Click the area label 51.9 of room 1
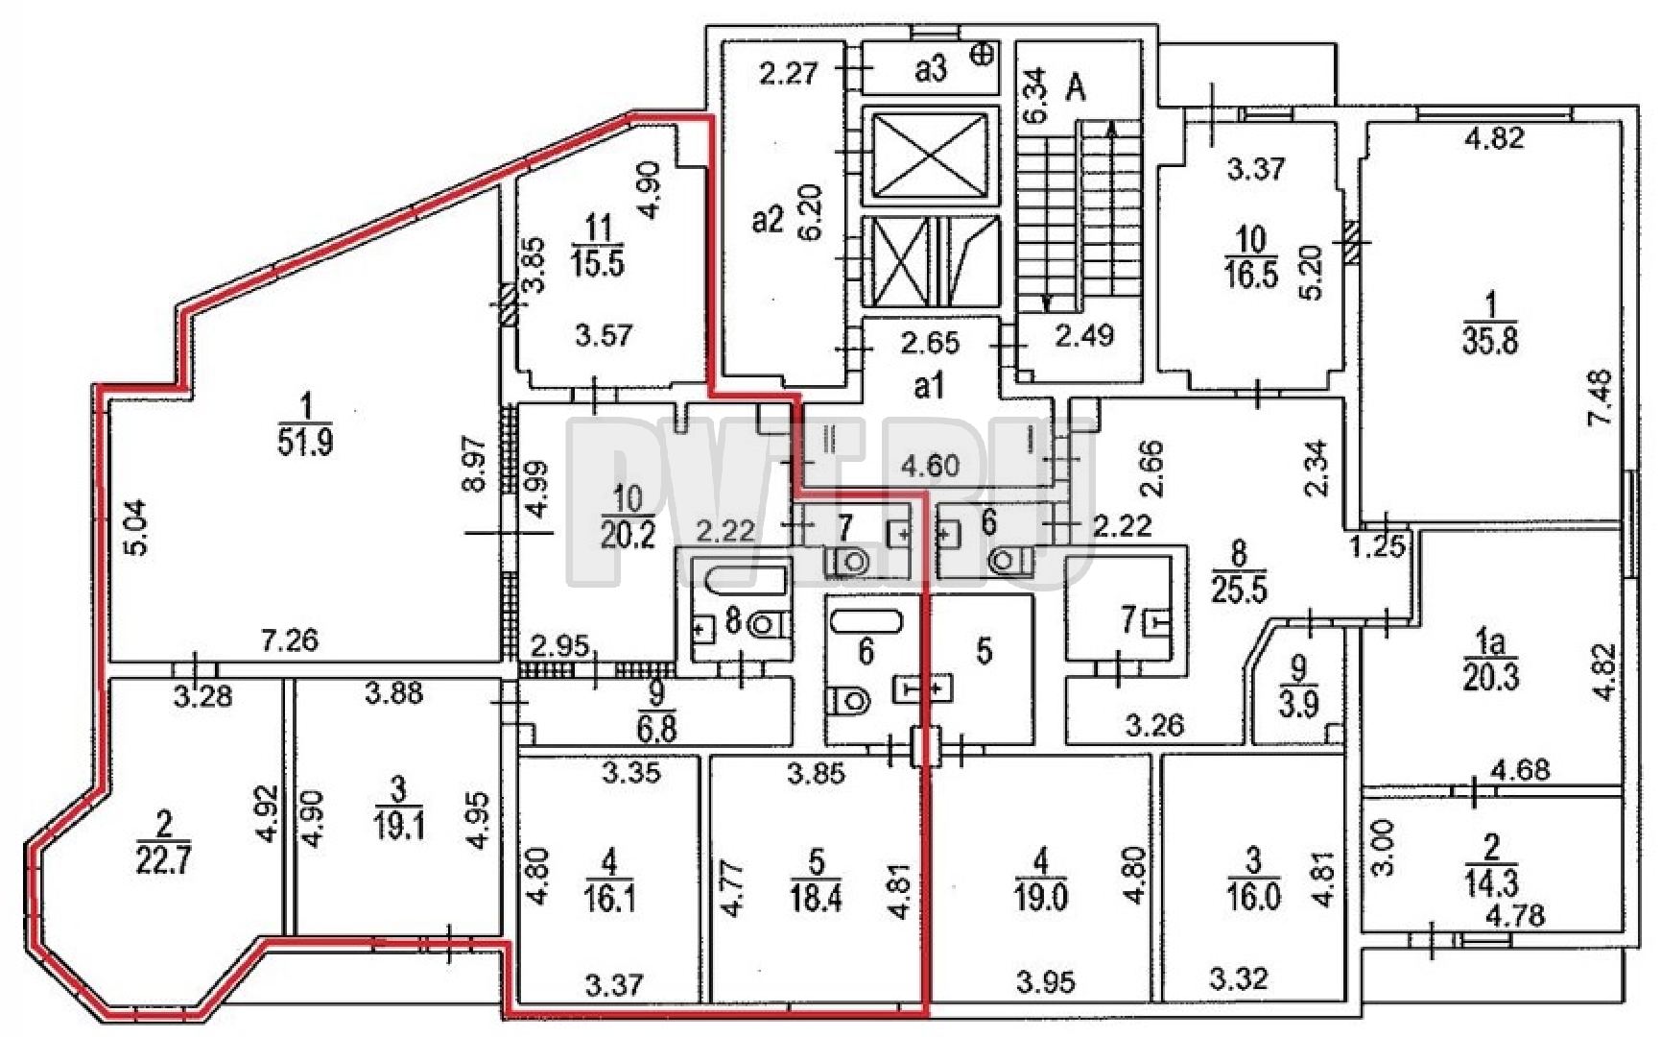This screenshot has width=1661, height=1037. click(x=305, y=444)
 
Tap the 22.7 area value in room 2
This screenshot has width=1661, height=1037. click(x=163, y=860)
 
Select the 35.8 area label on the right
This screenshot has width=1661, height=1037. click(x=1490, y=342)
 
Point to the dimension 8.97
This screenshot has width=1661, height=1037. click(x=477, y=464)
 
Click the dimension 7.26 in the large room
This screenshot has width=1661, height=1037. click(x=290, y=639)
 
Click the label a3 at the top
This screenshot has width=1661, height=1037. click(x=930, y=68)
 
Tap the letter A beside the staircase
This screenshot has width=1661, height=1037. click(x=1077, y=88)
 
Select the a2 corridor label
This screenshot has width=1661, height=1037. click(x=768, y=221)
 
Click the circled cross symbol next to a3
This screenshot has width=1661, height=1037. click(x=983, y=55)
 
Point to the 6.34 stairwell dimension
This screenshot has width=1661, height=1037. click(x=1033, y=94)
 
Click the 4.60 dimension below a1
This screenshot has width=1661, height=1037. click(x=930, y=466)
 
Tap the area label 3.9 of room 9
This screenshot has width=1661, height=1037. click(x=1299, y=706)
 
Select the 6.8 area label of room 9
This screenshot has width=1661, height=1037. click(x=656, y=729)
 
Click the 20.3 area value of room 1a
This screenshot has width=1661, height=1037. click(x=1491, y=678)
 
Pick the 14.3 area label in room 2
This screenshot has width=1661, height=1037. click(x=1490, y=883)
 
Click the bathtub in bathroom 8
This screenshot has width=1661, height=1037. click(x=746, y=580)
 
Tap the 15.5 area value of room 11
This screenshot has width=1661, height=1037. click(x=597, y=262)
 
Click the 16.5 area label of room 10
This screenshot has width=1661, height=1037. click(x=1251, y=274)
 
